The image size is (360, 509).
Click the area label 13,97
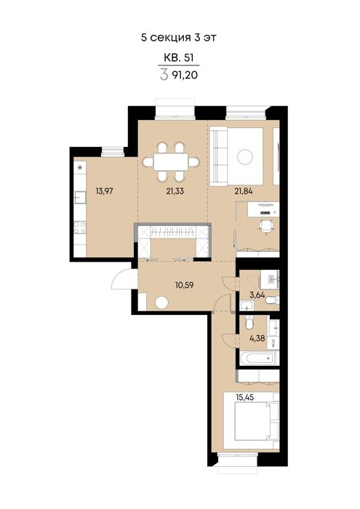[x=104, y=191]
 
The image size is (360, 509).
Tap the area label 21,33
[x=175, y=191]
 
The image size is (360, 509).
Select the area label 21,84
[x=244, y=191]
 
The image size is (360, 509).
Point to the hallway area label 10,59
[x=185, y=285]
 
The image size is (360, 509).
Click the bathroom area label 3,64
[x=257, y=295]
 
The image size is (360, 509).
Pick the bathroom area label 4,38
[x=257, y=339]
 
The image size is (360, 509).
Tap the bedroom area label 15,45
[x=245, y=397]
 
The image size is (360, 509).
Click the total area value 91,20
[x=186, y=76]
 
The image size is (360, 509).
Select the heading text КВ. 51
[x=178, y=57]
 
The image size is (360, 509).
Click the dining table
[x=172, y=161]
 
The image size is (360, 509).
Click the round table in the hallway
[x=161, y=303]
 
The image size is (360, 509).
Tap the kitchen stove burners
[x=80, y=227]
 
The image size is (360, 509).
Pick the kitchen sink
[x=80, y=197]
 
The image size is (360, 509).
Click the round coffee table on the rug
[x=245, y=157]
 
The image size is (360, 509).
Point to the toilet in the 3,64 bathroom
[x=272, y=300]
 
